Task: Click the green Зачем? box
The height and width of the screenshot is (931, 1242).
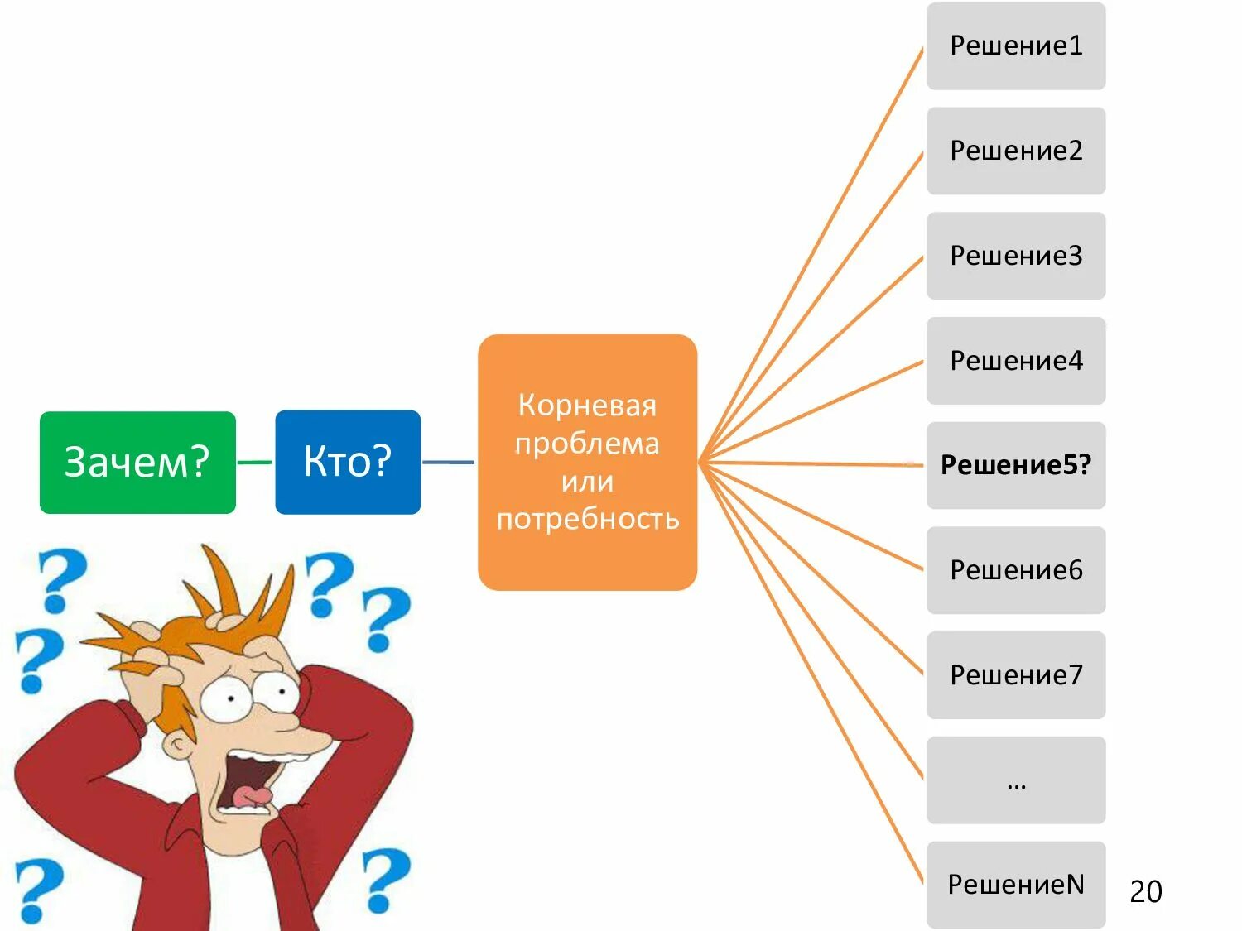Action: coord(137,462)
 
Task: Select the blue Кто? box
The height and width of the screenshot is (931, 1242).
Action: coord(348,462)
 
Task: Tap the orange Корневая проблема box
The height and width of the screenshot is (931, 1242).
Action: coord(587,461)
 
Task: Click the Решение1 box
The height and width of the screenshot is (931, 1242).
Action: coord(1016,46)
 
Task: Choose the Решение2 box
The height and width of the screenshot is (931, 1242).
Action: coord(1016,151)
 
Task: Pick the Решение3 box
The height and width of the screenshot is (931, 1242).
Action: coord(1016,256)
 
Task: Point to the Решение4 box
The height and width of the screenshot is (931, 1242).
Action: coord(1016,361)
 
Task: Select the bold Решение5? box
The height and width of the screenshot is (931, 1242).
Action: coord(1016,465)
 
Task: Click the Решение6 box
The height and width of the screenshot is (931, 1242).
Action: coord(1016,570)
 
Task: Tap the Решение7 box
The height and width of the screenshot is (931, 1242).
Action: coord(1016,675)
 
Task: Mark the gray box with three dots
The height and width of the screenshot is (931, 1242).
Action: coord(1016,780)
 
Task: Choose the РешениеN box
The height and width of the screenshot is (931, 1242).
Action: coord(1016,885)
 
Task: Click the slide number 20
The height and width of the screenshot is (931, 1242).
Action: coord(1146,891)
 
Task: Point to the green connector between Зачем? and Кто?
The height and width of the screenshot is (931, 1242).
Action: coord(255,462)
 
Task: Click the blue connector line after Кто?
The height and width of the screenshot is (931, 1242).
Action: coord(449,462)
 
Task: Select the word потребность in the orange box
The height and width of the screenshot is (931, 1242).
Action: coord(587,519)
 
